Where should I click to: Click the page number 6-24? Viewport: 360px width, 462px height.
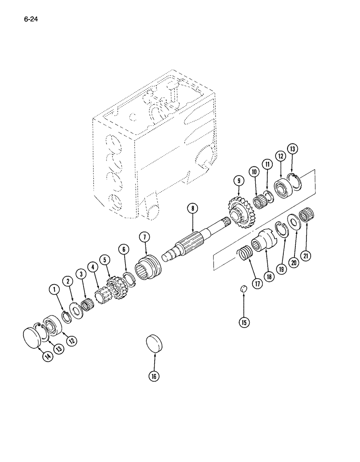28,20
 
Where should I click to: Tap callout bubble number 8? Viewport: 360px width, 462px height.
192,208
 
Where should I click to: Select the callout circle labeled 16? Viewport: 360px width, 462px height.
154,376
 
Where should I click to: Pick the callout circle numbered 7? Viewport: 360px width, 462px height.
144,237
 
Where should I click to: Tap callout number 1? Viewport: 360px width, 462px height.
56,290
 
